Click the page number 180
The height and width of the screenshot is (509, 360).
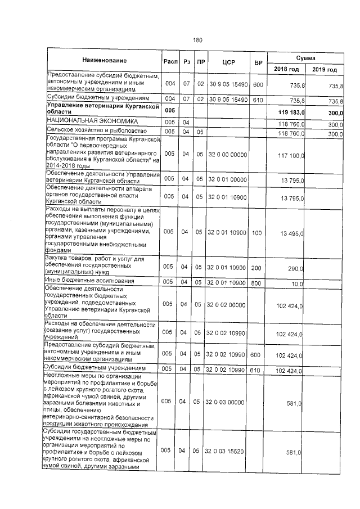tap(197, 40)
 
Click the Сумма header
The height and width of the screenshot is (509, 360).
tap(305, 58)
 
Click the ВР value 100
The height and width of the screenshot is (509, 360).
tap(257, 232)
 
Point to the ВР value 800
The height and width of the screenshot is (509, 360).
tap(257, 283)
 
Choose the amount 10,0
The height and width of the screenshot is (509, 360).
tap(298, 283)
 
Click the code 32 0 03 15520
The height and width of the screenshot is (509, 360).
tap(228, 451)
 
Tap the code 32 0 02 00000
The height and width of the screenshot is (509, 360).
tap(228, 305)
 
